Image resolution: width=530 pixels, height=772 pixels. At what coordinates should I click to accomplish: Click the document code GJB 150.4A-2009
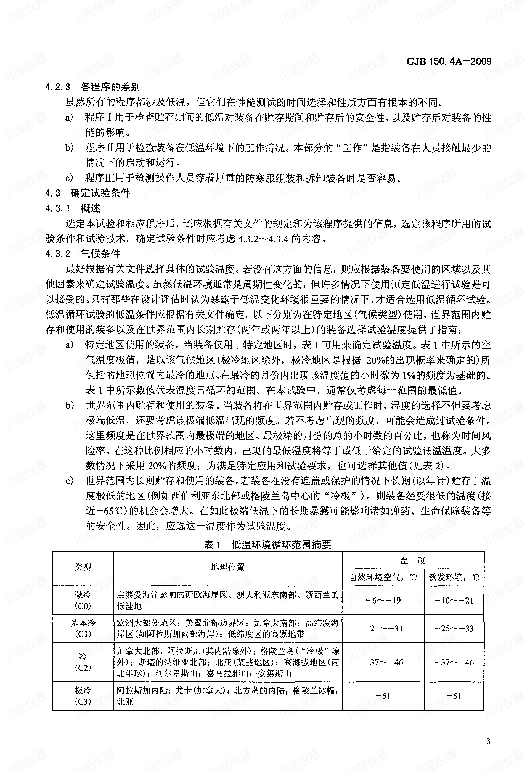(449, 62)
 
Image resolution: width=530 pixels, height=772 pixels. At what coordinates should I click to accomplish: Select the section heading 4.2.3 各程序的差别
(93, 87)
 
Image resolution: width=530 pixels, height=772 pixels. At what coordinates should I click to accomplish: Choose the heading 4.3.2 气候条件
(83, 254)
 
